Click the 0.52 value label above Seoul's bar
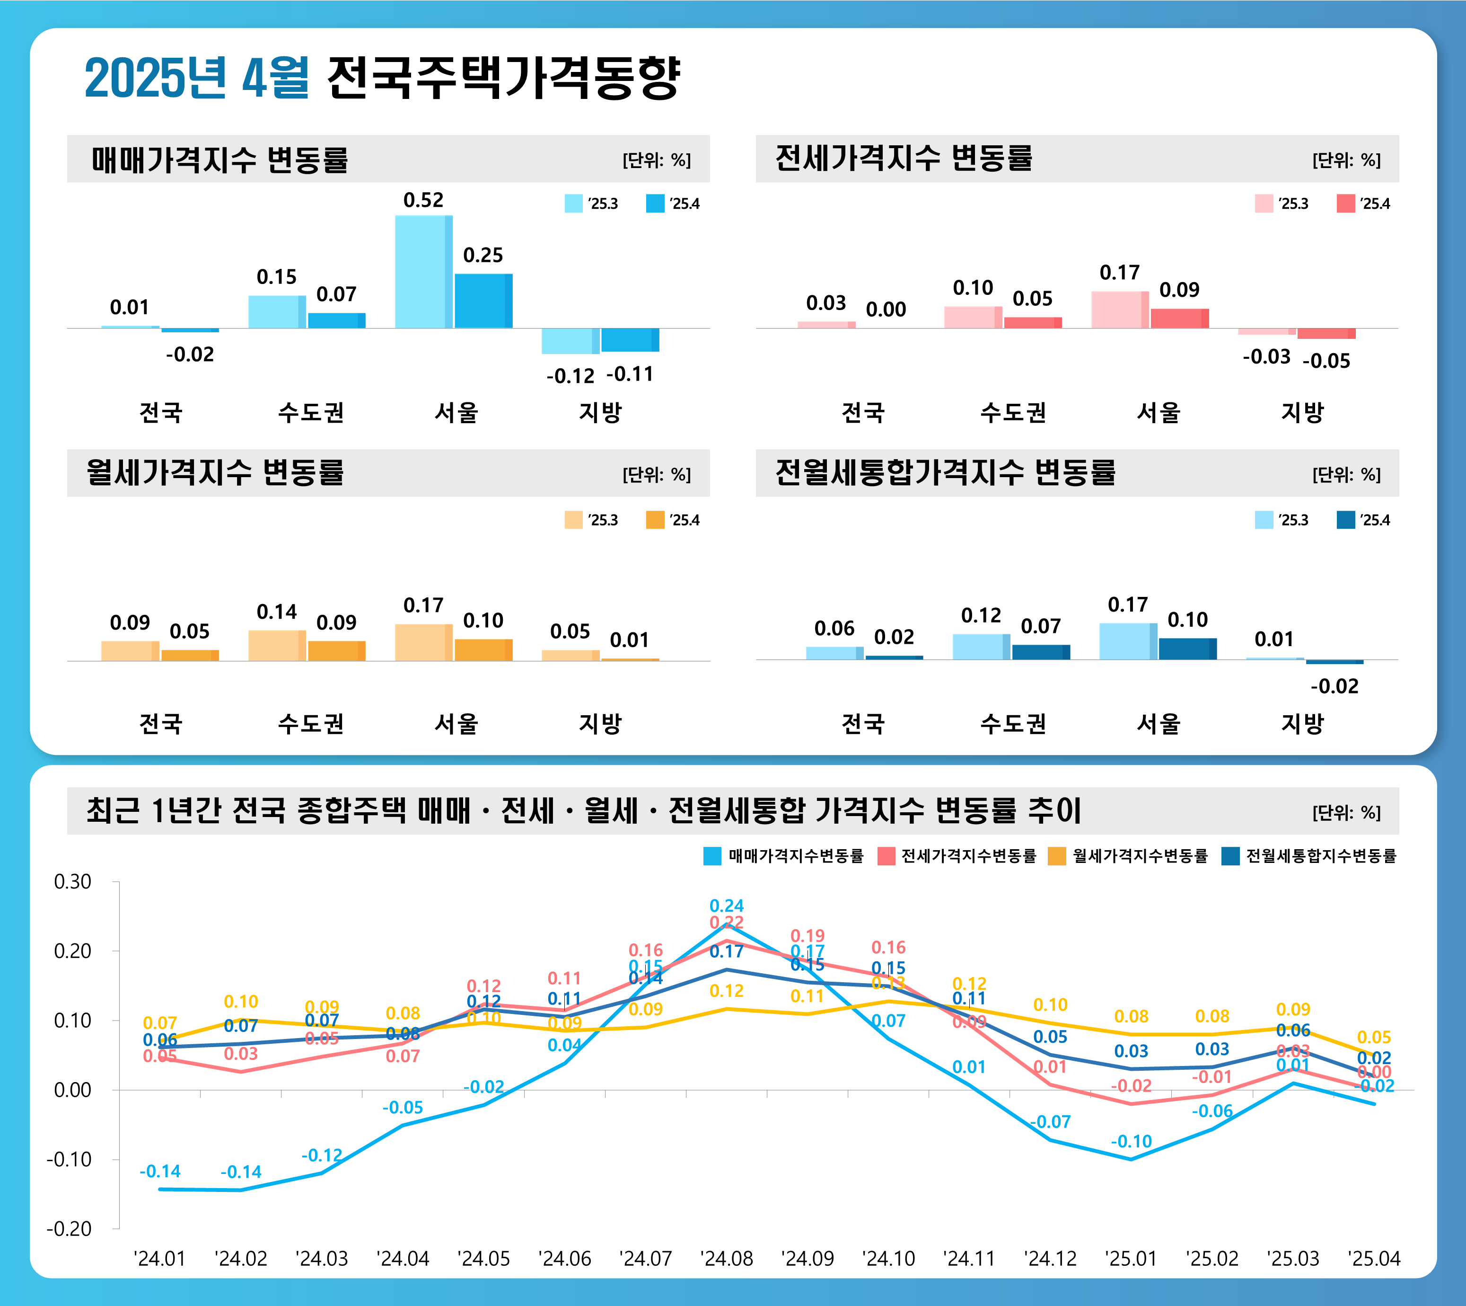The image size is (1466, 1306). [423, 200]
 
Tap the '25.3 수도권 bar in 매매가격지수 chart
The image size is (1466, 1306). [277, 311]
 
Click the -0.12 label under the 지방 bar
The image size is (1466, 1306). [570, 376]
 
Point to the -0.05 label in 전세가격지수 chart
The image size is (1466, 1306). [1326, 361]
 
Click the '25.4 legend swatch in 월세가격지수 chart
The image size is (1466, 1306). [655, 520]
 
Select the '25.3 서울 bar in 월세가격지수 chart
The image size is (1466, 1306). [423, 642]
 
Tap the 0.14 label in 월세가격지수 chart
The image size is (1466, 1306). [276, 612]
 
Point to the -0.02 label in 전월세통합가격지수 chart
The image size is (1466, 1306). [1334, 687]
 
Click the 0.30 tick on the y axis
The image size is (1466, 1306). [72, 881]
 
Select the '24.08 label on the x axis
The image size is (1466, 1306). [727, 1259]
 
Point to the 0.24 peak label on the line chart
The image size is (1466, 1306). [727, 906]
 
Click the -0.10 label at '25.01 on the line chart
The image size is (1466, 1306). [1131, 1141]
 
